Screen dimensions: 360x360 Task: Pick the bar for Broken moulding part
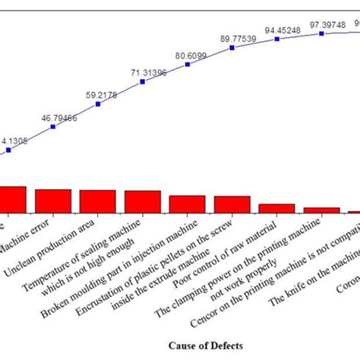(x=142, y=202)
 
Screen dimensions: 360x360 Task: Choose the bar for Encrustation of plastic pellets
(x=187, y=204)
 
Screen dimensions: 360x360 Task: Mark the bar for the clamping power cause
(x=276, y=209)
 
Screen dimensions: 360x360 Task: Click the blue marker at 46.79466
(x=52, y=127)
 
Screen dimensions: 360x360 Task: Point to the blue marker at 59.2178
(x=98, y=104)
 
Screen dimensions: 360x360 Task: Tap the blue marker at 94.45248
(x=276, y=39)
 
